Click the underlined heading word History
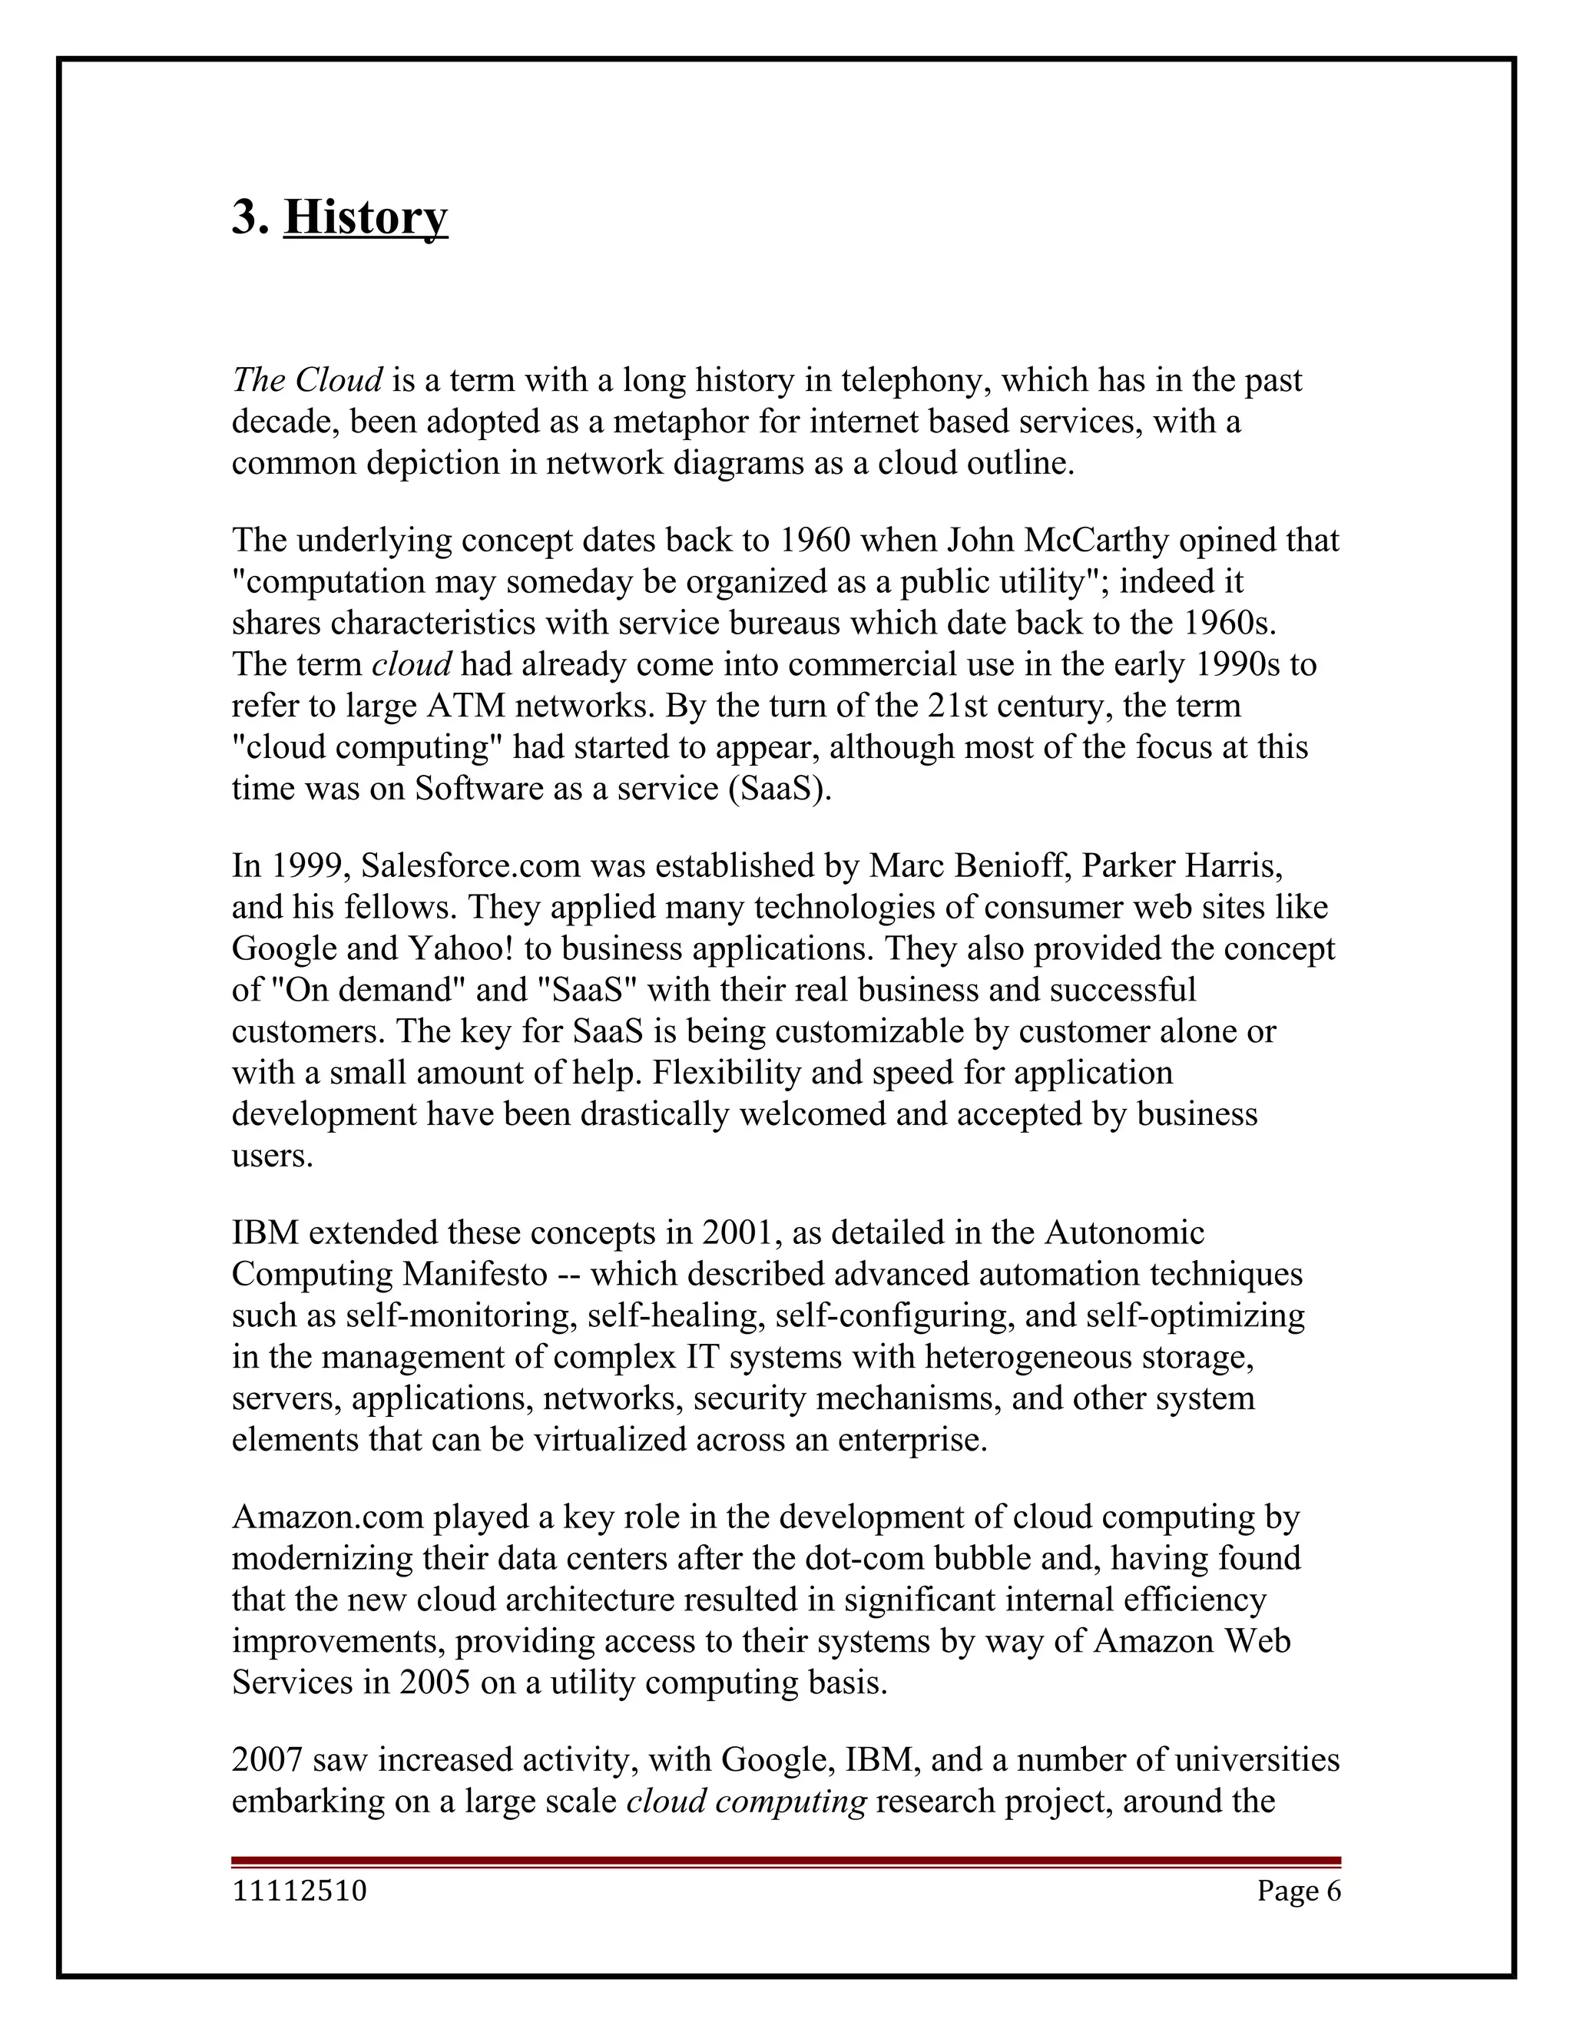click(366, 217)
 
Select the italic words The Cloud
click(306, 380)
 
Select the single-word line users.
click(272, 1156)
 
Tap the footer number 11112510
click(299, 1891)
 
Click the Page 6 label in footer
click(1298, 1891)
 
